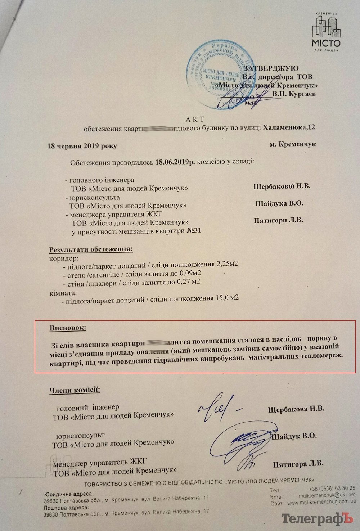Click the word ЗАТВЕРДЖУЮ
point(271,68)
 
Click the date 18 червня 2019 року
point(82,146)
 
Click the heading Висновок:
point(68,328)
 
